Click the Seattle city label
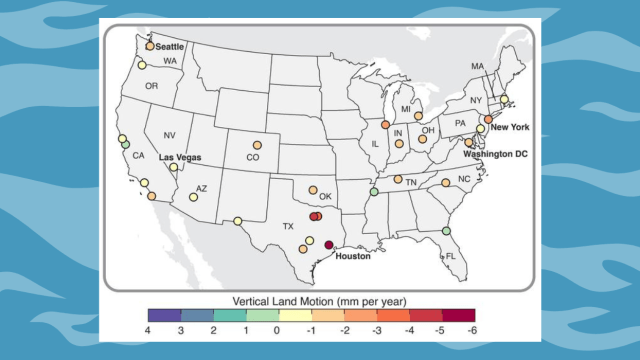pyautogui.click(x=170, y=46)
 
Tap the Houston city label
pyautogui.click(x=353, y=256)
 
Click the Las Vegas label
pyautogui.click(x=181, y=157)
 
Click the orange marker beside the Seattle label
pyautogui.click(x=150, y=46)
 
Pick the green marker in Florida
pyautogui.click(x=446, y=232)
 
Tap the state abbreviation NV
pyautogui.click(x=169, y=136)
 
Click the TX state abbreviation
pyautogui.click(x=288, y=226)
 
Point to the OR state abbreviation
pyautogui.click(x=152, y=86)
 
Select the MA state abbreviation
pyautogui.click(x=478, y=66)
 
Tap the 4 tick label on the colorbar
pyautogui.click(x=148, y=331)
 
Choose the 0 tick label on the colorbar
pyautogui.click(x=275, y=331)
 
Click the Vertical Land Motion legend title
pyautogui.click(x=311, y=300)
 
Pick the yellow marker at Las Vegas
pyautogui.click(x=174, y=168)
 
